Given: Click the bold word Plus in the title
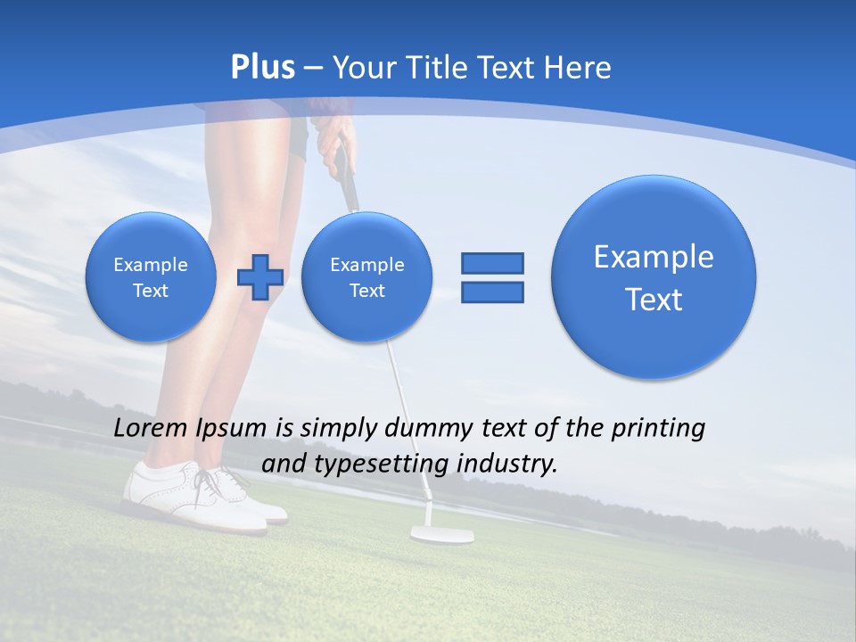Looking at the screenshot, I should (x=262, y=68).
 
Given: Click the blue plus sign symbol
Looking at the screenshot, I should (x=259, y=276).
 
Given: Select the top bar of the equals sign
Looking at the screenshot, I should (x=492, y=263).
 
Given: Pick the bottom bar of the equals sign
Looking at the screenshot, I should (x=492, y=292).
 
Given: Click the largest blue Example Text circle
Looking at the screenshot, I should (x=654, y=276).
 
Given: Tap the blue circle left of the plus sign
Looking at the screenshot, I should (x=151, y=277).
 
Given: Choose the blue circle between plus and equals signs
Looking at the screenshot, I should (x=366, y=277).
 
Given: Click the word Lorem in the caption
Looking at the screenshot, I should (x=151, y=428).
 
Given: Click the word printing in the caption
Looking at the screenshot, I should (x=659, y=429).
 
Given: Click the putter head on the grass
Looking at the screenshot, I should (x=441, y=534).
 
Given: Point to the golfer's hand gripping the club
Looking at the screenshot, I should (x=333, y=141).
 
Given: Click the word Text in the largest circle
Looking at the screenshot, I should (x=654, y=300).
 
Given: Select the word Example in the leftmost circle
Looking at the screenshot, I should (x=151, y=265).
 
